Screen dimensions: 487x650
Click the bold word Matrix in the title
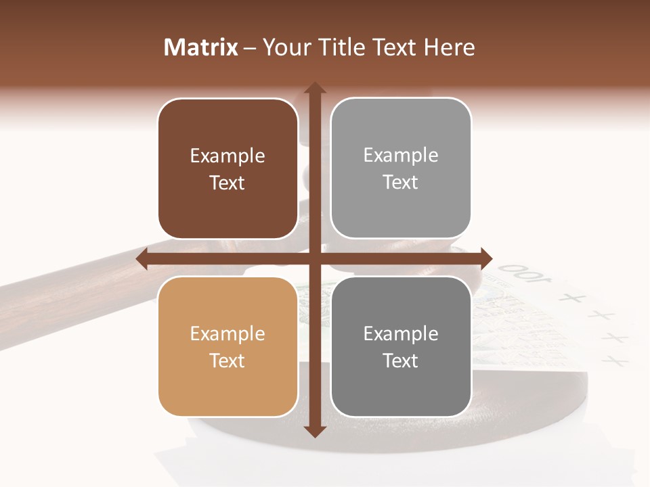pos(201,47)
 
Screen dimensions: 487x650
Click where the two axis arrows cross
pos(314,258)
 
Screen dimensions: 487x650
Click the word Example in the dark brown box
pos(227,156)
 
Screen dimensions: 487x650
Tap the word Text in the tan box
pos(227,361)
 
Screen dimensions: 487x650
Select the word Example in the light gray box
pos(401,156)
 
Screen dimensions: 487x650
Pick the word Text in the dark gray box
pos(401,361)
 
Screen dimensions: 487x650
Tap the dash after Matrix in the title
pos(250,48)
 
